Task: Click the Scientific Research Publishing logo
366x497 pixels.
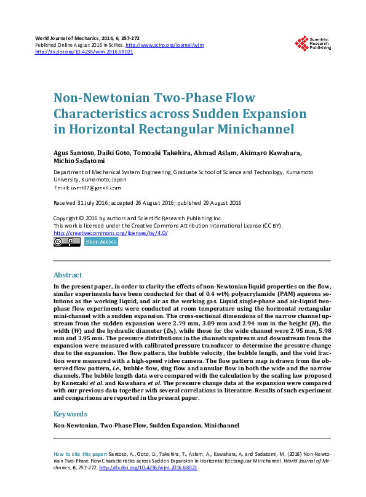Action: [312, 43]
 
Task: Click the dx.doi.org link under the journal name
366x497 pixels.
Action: [84, 52]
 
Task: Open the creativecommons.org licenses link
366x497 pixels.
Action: [111, 233]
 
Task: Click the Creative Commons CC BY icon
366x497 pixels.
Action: [67, 242]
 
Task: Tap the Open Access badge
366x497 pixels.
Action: [101, 242]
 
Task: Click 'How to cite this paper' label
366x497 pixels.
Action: [81, 453]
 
